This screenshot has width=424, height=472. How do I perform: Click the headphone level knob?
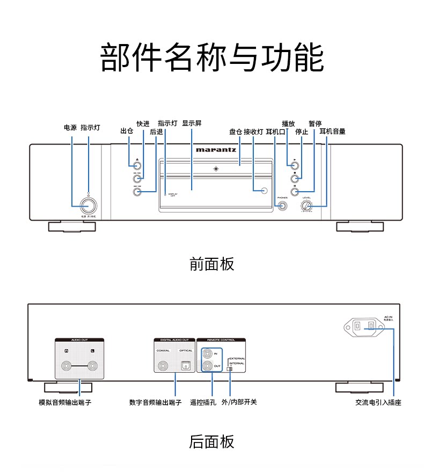coord(307,206)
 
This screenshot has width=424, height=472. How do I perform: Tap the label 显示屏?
coord(192,123)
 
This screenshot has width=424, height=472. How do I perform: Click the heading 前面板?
coord(212,264)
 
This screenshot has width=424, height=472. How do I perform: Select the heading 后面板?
coord(212,442)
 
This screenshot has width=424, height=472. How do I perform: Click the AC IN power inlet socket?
coord(367,325)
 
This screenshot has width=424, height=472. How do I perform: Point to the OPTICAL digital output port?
coord(186,366)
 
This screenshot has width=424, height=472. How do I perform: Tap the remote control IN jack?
coord(207,354)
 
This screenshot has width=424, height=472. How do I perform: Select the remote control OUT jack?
coord(207,367)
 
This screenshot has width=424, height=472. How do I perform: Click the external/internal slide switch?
coord(229,369)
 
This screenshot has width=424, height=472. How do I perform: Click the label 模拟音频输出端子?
coord(65,402)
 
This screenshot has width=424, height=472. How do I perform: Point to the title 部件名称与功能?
coord(212,57)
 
